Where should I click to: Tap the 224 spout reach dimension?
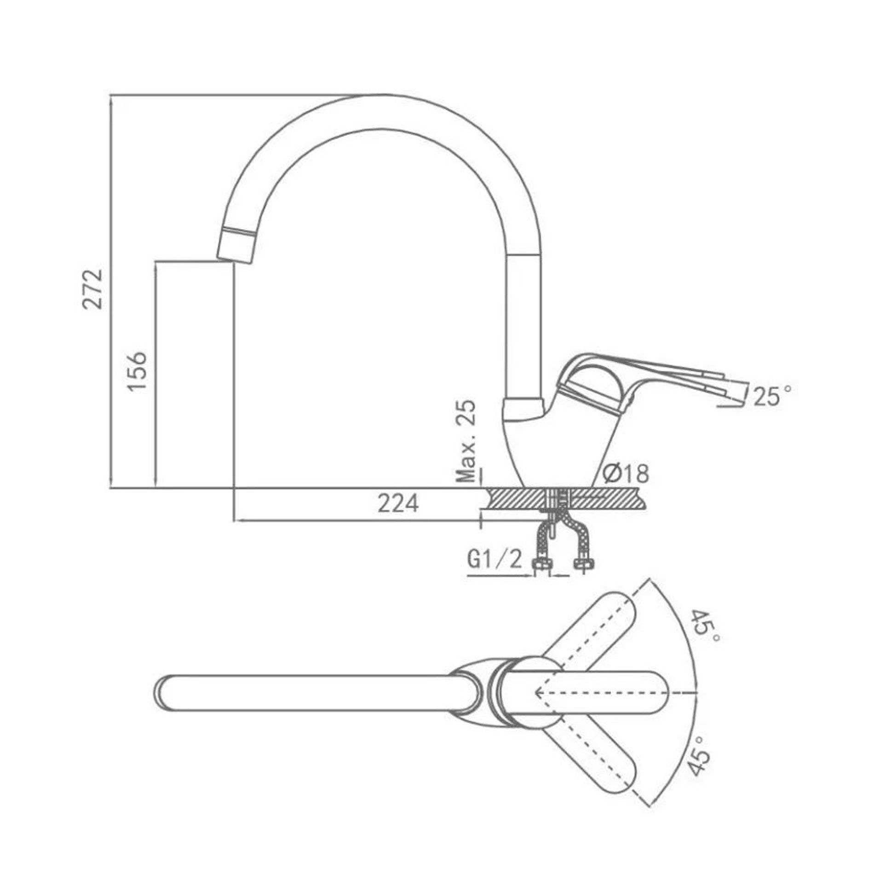[x=398, y=504]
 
